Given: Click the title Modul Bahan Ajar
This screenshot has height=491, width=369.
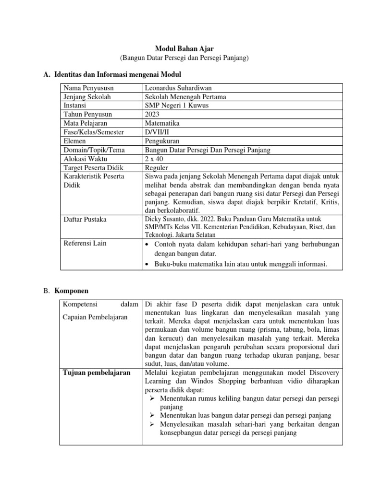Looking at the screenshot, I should pyautogui.click(x=184, y=48).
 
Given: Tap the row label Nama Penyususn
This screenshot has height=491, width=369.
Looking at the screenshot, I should pyautogui.click(x=87, y=88).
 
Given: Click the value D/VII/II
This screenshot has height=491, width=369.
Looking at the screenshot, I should pyautogui.click(x=156, y=132).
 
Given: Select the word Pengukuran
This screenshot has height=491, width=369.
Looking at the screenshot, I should pyautogui.click(x=161, y=141).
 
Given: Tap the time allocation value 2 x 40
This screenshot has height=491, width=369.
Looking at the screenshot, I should pyautogui.click(x=153, y=159).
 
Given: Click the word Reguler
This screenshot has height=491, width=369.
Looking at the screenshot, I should pyautogui.click(x=156, y=167).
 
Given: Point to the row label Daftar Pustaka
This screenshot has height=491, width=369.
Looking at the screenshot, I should pyautogui.click(x=85, y=219).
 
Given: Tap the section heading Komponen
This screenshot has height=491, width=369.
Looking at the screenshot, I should pyautogui.click(x=71, y=291).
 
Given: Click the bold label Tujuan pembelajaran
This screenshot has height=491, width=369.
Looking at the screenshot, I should pyautogui.click(x=97, y=373).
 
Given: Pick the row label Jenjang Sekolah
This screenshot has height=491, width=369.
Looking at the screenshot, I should pyautogui.click(x=87, y=97).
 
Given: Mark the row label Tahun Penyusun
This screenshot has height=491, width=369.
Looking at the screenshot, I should pyautogui.click(x=87, y=114).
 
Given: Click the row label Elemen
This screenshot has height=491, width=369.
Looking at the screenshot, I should pyautogui.click(x=74, y=141).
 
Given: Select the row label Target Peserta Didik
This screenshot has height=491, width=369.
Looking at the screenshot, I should pyautogui.click(x=93, y=167).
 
